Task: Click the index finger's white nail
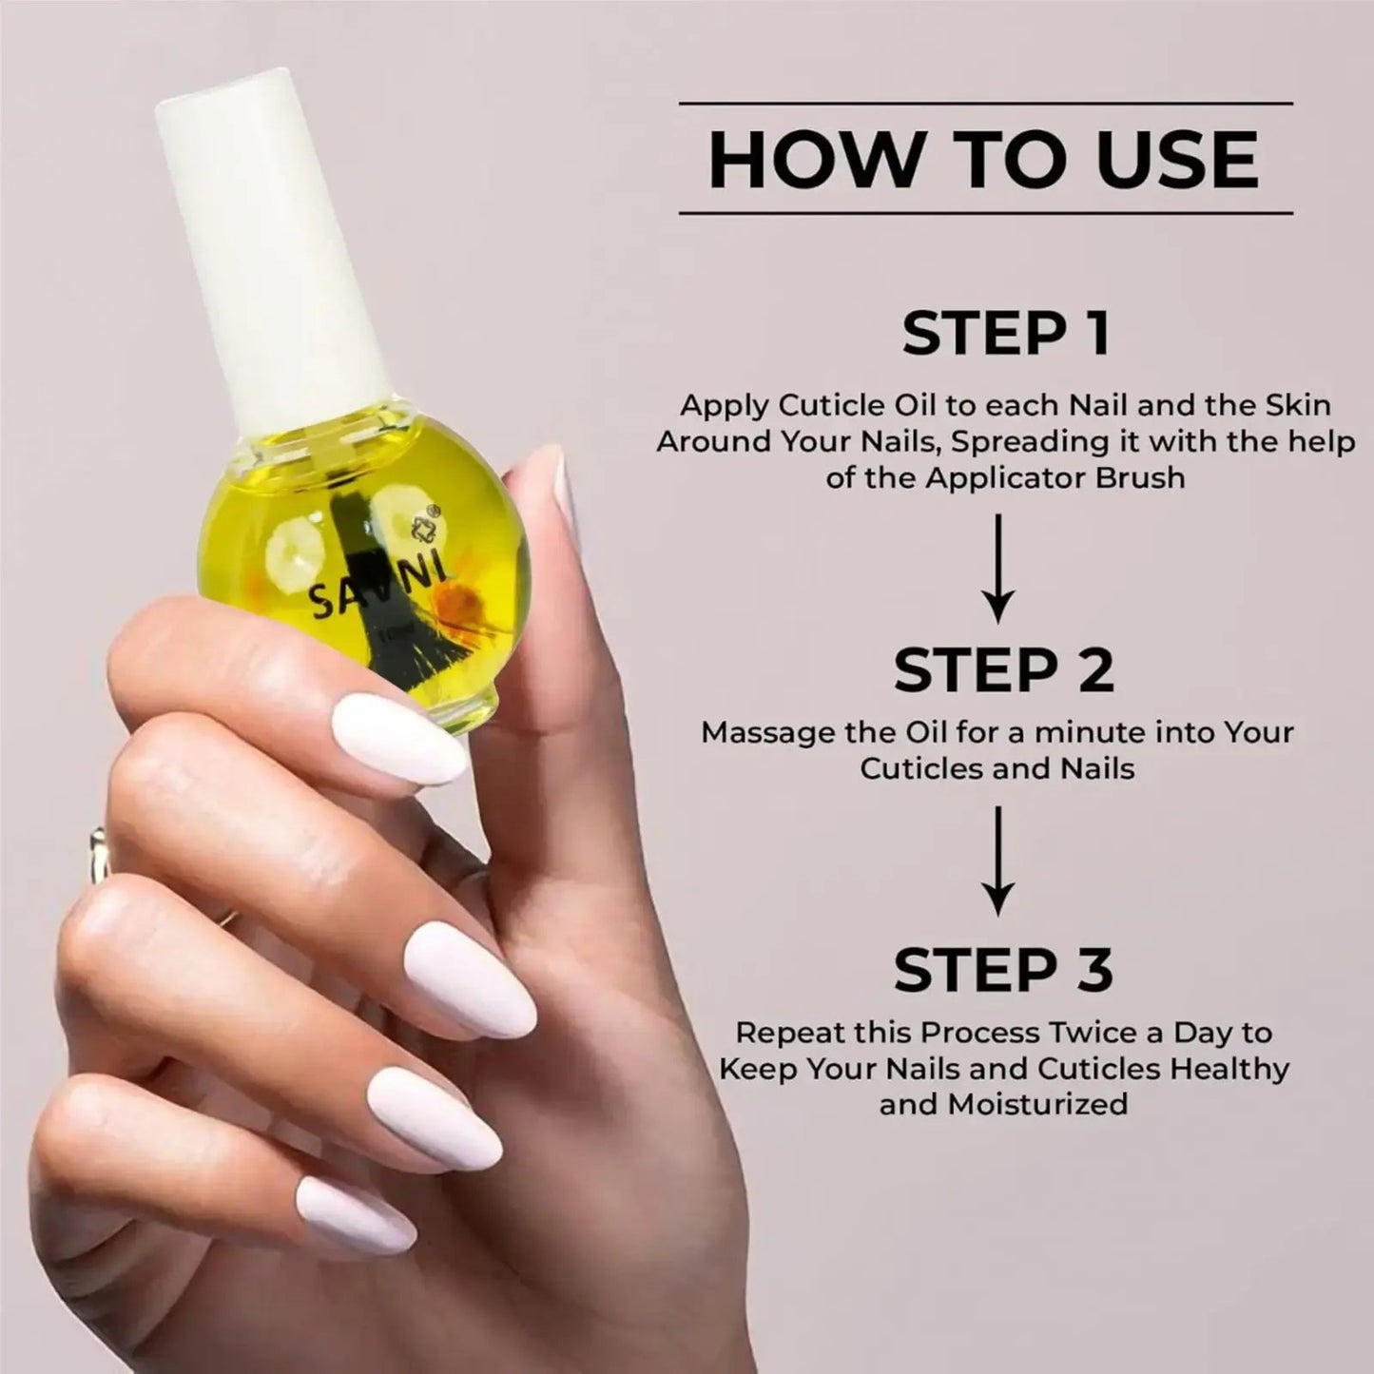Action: pos(398,738)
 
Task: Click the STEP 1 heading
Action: pos(1005,334)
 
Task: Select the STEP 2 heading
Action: pos(1003,669)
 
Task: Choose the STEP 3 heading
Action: pos(1003,970)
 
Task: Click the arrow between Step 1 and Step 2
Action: pos(997,568)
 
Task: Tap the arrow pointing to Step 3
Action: pos(997,861)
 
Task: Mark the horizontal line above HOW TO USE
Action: pos(985,103)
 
